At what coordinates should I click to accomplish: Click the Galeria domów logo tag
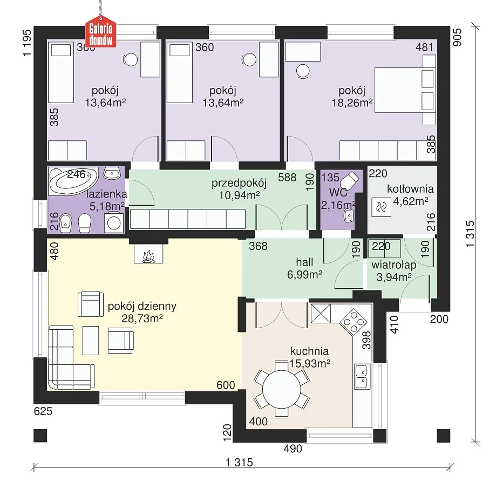point(100,32)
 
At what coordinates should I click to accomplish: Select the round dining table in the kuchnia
point(281,389)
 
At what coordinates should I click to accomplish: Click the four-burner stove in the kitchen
point(354,322)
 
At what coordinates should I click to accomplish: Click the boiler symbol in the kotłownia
point(381,207)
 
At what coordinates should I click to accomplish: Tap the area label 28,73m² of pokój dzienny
point(142,318)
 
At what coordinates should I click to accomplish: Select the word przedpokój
point(239,183)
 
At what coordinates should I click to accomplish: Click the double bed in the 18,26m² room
point(405,90)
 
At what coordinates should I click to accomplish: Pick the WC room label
point(338,193)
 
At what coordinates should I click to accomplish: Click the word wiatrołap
point(393,265)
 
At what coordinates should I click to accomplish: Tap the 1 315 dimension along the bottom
point(239,462)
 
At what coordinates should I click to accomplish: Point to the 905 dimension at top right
point(458,38)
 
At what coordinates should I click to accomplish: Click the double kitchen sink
point(362,376)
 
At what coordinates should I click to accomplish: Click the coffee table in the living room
point(91,341)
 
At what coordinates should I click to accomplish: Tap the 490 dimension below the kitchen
point(293,449)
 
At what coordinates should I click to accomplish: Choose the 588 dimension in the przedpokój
point(287,178)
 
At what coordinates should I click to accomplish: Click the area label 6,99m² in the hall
point(304,275)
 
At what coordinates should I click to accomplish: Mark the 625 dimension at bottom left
point(43,411)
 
